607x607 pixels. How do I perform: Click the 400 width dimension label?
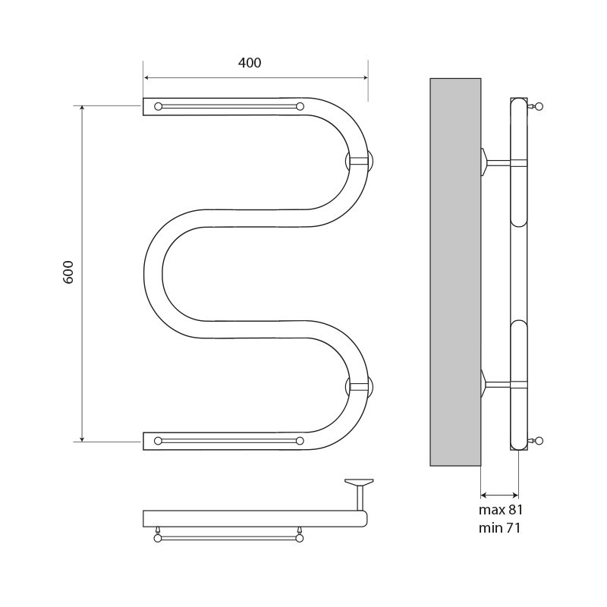[250, 63]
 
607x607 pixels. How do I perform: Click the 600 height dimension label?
[68, 272]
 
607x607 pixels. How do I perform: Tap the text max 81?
[501, 510]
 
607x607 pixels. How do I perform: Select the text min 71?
[499, 527]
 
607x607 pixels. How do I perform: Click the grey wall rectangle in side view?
[455, 272]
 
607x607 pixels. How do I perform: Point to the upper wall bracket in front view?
[359, 160]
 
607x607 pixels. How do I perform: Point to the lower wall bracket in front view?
[359, 387]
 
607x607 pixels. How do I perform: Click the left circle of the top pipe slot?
[158, 106]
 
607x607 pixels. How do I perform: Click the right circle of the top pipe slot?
[300, 106]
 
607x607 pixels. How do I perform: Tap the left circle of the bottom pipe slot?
[158, 441]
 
